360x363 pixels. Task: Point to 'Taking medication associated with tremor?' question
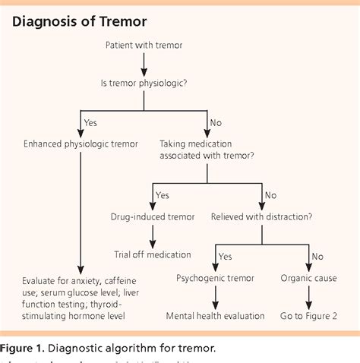point(207,150)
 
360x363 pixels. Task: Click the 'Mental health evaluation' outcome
point(215,315)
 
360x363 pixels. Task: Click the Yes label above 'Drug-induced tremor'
point(163,194)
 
